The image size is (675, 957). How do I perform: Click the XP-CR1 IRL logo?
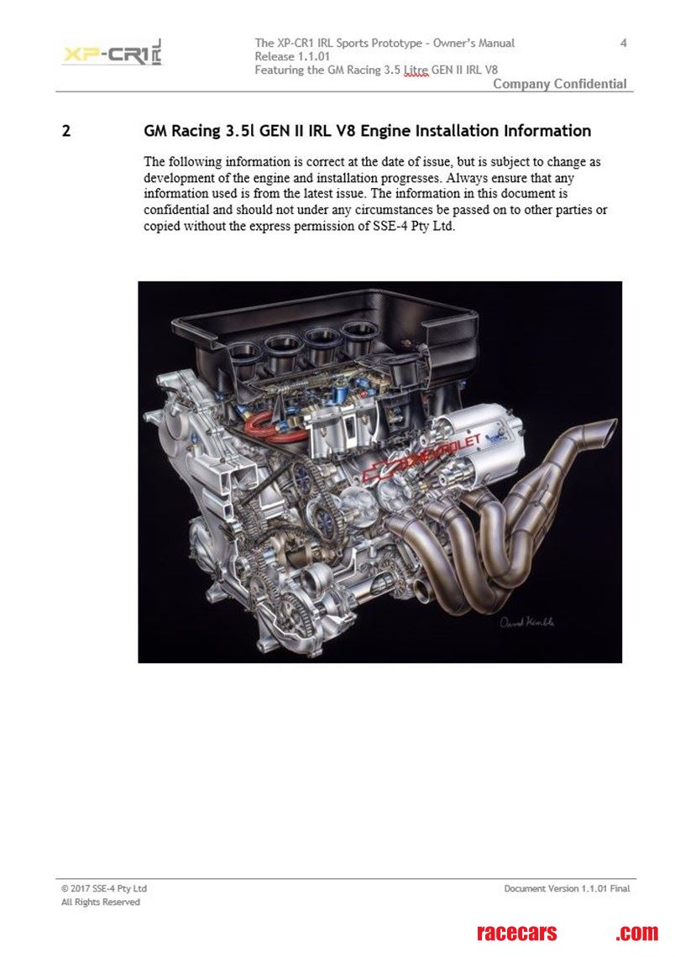pos(112,53)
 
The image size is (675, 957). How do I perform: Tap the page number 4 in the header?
pos(623,43)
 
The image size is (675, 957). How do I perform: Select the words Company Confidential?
pos(560,84)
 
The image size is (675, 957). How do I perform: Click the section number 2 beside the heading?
pos(66,131)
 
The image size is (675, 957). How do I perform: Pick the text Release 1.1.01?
pos(292,56)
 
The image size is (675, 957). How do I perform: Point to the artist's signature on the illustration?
pos(527,622)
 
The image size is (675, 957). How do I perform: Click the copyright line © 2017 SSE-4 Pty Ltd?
pos(104,889)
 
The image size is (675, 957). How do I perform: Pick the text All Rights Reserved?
pos(101,902)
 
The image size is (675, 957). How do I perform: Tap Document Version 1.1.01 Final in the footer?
pos(567,889)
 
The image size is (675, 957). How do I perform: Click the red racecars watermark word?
pos(517,933)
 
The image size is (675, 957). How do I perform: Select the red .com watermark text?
pos(637,933)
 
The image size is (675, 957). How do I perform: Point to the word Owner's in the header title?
pos(453,43)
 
